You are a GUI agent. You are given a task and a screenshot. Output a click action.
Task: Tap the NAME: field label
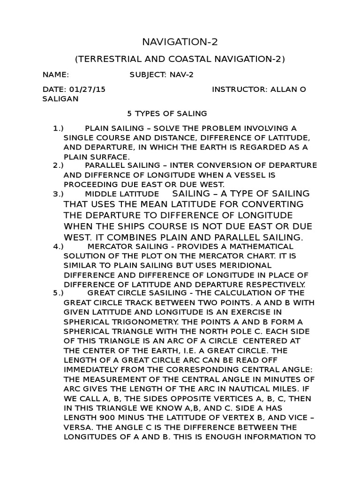pos(56,74)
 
